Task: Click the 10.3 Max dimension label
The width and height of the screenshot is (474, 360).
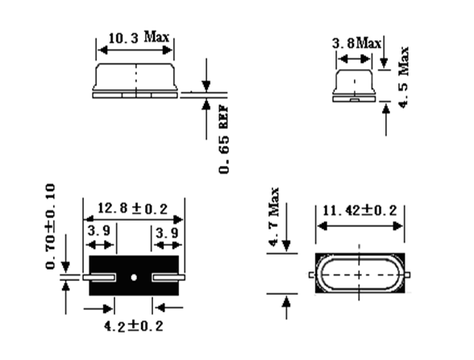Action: coord(139,37)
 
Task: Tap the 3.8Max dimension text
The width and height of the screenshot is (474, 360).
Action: coord(356,43)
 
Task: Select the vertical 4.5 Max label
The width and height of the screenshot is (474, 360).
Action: coord(404,77)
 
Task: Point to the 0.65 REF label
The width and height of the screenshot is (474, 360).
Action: coord(224,139)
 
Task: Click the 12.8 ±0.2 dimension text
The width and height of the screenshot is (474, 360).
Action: coord(132,209)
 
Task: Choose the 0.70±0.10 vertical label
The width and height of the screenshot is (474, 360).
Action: coord(50,226)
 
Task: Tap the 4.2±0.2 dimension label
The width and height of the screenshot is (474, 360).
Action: coord(133,326)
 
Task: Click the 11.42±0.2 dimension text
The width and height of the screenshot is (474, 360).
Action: coord(360,210)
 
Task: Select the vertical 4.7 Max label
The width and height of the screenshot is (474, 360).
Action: coord(273,217)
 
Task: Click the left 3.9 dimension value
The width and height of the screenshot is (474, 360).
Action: coord(99,230)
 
